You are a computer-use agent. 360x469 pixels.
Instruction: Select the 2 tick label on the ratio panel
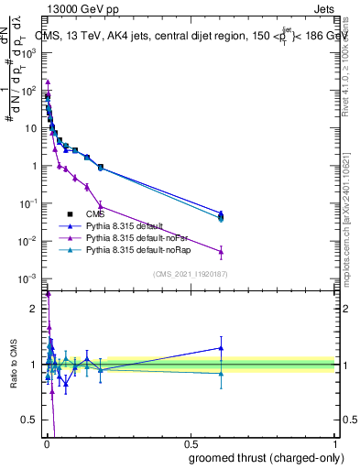coord(36,309)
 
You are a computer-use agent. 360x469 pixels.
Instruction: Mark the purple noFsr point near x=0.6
coord(221,251)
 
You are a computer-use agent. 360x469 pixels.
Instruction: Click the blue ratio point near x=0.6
coord(221,348)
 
